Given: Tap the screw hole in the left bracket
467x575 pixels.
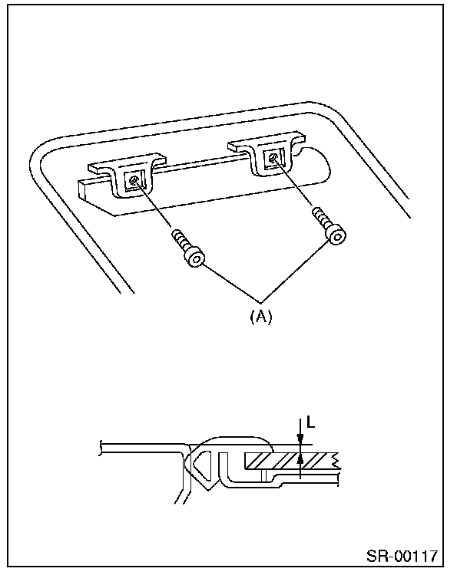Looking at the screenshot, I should click(134, 181).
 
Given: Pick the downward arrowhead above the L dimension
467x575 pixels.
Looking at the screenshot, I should click(300, 440).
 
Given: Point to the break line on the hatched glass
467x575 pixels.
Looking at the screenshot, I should click(335, 460).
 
